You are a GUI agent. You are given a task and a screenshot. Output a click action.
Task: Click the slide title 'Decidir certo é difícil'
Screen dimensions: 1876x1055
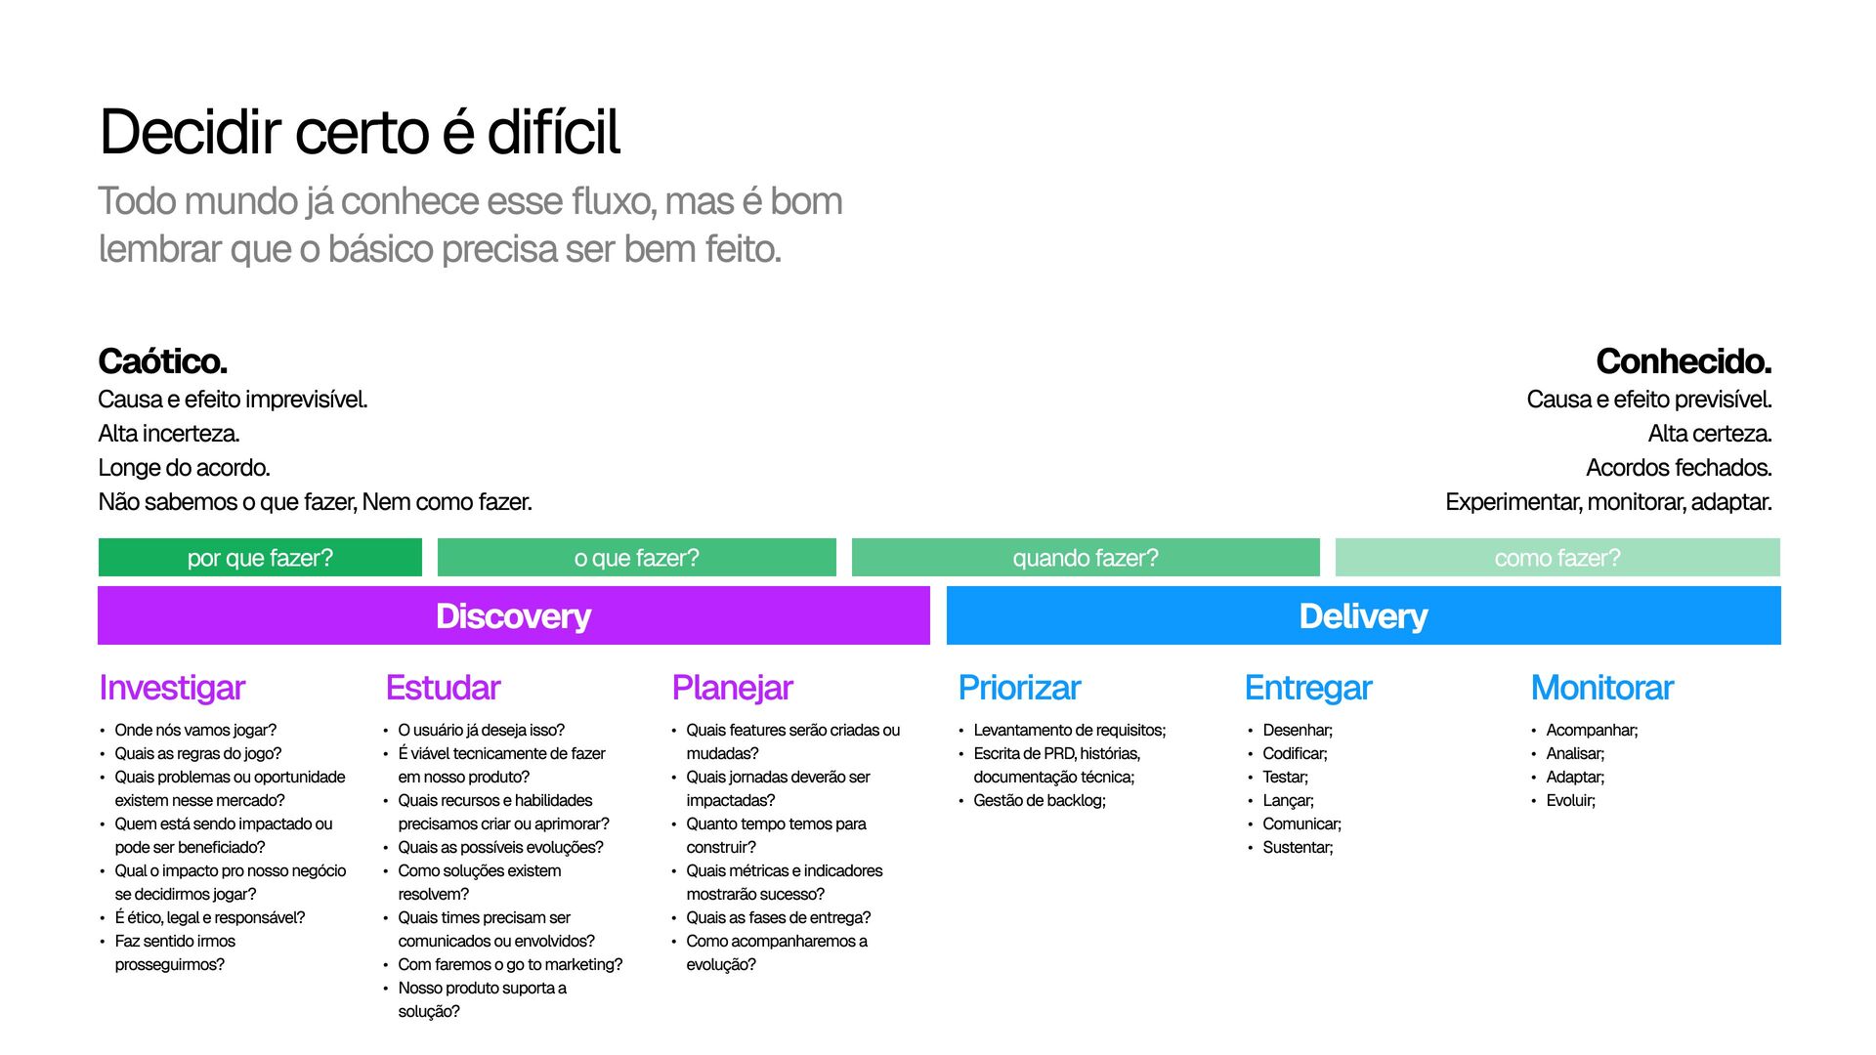click(360, 132)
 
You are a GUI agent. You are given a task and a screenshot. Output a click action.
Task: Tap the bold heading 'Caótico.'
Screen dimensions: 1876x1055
click(162, 361)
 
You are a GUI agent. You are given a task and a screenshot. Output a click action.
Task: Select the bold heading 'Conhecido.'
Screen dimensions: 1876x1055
click(1683, 361)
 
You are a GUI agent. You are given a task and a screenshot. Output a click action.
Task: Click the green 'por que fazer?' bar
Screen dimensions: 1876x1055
click(260, 558)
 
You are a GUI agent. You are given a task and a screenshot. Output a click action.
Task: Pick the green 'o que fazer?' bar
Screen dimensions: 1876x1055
click(636, 558)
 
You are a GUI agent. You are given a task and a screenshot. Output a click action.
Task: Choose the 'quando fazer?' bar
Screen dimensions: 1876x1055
click(1085, 558)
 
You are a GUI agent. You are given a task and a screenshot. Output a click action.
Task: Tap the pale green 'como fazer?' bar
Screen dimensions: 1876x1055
click(1556, 558)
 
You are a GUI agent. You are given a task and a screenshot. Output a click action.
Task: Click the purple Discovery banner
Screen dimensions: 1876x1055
click(513, 615)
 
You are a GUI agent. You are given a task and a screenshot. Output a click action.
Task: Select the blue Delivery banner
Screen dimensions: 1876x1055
click(1363, 615)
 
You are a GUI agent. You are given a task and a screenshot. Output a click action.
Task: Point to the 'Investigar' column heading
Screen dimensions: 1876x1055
click(172, 688)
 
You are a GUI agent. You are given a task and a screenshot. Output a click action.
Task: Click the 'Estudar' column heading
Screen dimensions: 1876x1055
click(443, 688)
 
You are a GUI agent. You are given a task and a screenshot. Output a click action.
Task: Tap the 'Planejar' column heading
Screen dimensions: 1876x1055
click(732, 688)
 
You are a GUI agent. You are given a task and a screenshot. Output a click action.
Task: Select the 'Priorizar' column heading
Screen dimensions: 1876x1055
click(1019, 688)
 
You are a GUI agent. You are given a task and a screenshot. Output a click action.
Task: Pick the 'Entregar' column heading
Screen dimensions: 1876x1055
click(1308, 688)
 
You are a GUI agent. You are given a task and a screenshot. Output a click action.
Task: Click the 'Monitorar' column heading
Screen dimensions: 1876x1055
click(1601, 688)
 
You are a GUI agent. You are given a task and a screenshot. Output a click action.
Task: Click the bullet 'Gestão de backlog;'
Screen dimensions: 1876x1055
click(1040, 801)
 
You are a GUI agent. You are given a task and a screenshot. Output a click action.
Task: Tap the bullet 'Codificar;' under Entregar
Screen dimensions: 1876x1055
click(1295, 754)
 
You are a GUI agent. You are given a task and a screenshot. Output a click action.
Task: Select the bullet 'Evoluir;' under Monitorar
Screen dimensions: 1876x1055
click(1570, 801)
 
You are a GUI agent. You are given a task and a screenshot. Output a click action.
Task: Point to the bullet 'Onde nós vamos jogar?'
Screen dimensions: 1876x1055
click(195, 731)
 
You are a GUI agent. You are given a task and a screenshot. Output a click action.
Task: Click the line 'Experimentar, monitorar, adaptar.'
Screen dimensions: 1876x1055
click(1607, 502)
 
